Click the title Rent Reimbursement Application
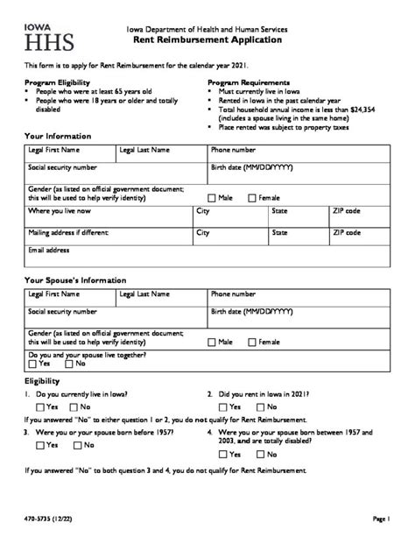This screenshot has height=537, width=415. [207, 39]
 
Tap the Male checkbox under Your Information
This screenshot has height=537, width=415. [213, 198]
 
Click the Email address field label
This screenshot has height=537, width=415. [48, 250]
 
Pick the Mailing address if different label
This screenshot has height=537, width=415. [68, 233]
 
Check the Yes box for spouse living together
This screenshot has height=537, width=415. [32, 363]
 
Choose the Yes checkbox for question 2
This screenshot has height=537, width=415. [225, 407]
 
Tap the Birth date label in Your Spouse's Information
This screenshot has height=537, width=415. [252, 311]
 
